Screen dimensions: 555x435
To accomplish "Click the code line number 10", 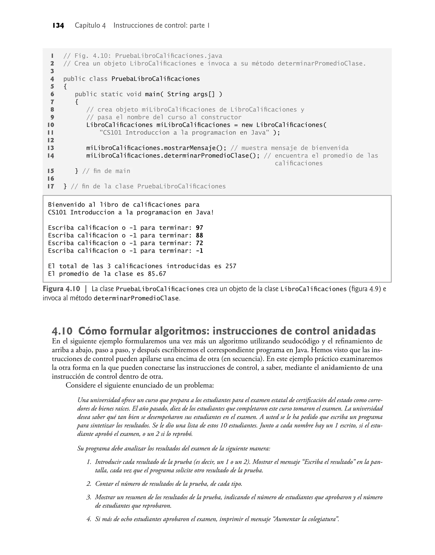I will [x=51, y=125].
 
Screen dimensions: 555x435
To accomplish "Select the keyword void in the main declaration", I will [x=134, y=94].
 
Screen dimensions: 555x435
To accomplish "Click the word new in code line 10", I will [x=247, y=125].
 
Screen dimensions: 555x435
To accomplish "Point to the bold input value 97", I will [x=199, y=228].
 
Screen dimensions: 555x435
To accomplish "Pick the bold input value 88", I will [x=199, y=236].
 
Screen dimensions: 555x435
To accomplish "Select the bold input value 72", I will [x=199, y=243].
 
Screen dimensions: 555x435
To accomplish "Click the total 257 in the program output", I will [x=231, y=266].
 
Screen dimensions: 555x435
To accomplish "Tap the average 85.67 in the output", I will [x=157, y=274].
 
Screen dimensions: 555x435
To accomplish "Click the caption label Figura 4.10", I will [x=61, y=289].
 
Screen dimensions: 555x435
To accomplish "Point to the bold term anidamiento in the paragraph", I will [x=340, y=368].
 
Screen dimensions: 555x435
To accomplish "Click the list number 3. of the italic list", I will [x=89, y=497].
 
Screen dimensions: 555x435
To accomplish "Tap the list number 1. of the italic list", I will [x=89, y=462].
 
